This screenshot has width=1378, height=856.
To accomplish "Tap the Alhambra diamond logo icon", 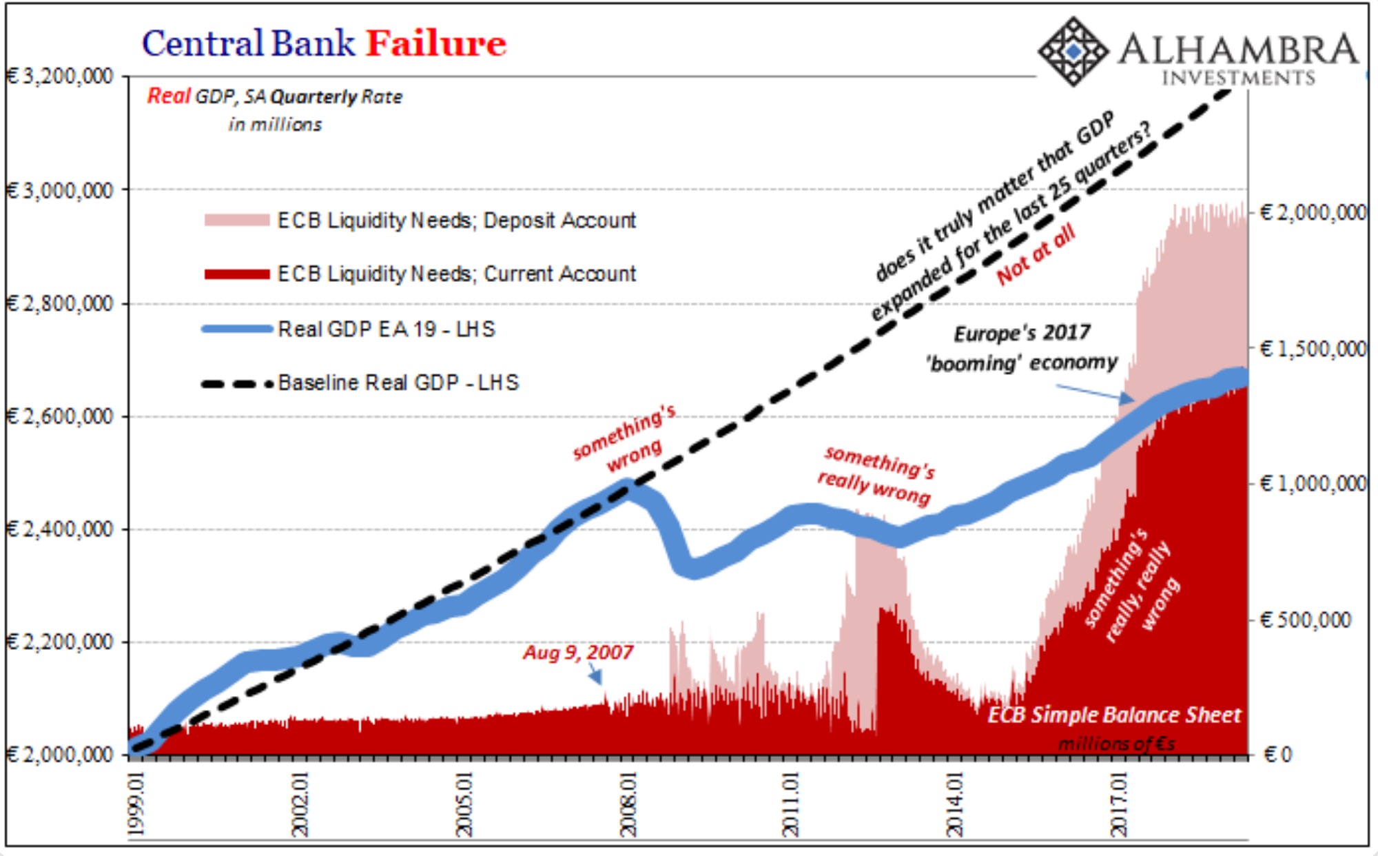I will tap(1073, 52).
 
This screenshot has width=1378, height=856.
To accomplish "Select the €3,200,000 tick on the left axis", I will tap(61, 76).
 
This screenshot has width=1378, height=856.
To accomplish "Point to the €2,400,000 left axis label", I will tap(61, 529).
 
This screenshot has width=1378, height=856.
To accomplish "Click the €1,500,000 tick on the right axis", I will tap(1313, 349).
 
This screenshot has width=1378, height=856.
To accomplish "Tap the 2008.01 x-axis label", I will tap(628, 804).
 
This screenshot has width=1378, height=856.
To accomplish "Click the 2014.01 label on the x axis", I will tap(955, 804).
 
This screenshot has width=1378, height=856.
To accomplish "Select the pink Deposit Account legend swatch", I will tap(236, 221).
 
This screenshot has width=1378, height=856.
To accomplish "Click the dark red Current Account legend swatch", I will tap(236, 274).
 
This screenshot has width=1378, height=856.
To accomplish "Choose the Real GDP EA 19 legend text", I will tap(386, 329).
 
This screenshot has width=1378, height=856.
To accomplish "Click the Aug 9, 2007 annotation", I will tap(577, 652).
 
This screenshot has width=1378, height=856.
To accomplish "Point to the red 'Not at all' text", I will tap(1036, 254).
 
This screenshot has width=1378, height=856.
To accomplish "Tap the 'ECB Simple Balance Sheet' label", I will tap(1114, 715).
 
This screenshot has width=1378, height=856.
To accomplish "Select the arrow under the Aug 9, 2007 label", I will tap(595, 677).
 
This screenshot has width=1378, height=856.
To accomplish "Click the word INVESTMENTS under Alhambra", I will tap(1238, 78).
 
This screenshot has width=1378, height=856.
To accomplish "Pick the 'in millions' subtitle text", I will tap(275, 125).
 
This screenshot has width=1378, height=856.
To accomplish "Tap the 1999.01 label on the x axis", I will tap(137, 804).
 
